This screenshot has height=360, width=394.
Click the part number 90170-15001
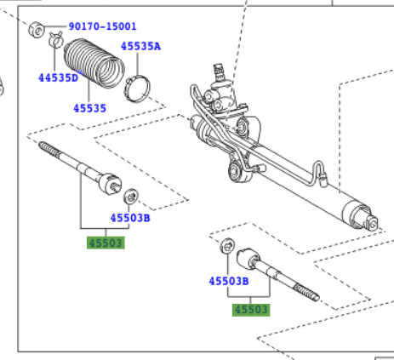click(x=103, y=26)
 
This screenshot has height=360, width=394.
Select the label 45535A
click(x=140, y=46)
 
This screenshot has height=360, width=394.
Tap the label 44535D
click(x=58, y=77)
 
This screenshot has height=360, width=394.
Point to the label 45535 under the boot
click(x=89, y=108)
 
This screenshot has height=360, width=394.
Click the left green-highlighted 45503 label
click(x=106, y=243)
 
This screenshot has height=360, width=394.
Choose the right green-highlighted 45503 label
click(x=251, y=310)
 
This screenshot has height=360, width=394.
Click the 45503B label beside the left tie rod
click(x=130, y=218)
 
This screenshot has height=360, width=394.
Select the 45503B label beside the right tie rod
click(x=229, y=281)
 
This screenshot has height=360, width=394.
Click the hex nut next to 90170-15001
click(x=37, y=29)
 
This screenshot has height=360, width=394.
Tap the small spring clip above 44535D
click(x=56, y=40)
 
